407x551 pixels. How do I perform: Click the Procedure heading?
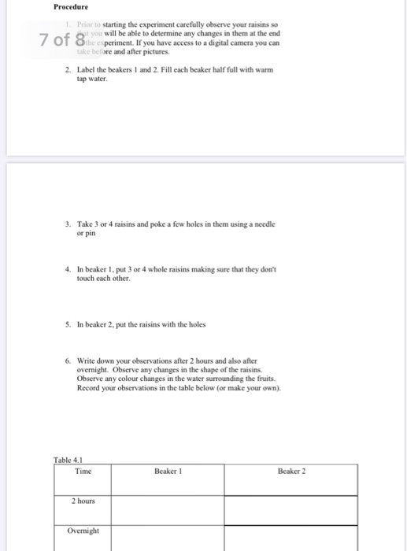(x=72, y=8)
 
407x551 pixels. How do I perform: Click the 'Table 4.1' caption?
(x=68, y=460)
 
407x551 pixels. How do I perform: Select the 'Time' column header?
(x=83, y=471)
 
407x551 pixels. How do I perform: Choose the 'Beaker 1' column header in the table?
(x=167, y=471)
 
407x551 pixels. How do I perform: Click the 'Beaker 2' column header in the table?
(x=290, y=471)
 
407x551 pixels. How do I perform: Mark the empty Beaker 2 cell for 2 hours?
(x=290, y=508)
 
